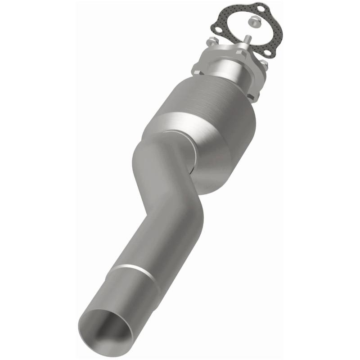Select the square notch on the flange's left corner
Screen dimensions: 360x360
coord(197,68)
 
